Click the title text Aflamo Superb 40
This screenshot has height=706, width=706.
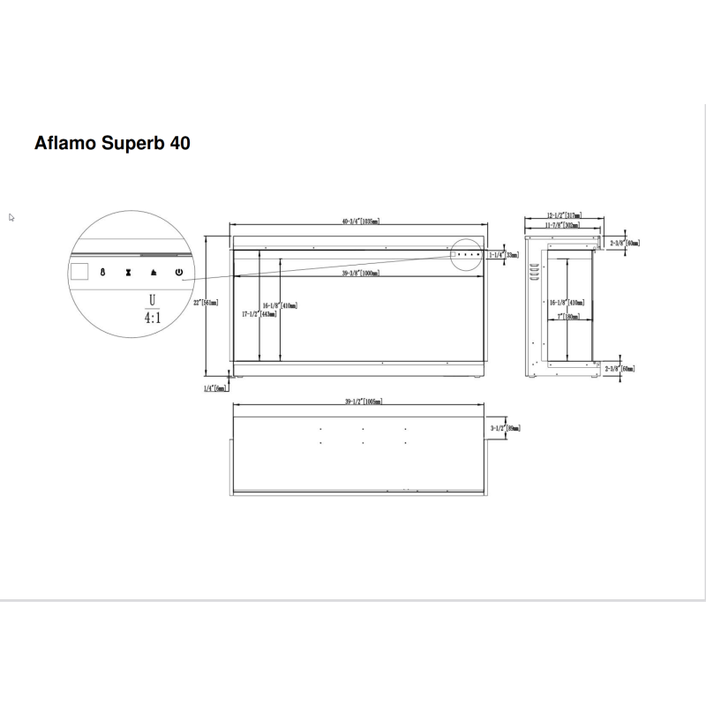tap(112, 142)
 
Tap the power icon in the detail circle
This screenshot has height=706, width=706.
tap(180, 273)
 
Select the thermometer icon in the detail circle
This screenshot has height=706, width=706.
tap(102, 273)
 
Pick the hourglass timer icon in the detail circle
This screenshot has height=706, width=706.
tap(129, 273)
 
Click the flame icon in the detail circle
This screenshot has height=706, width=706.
tap(154, 273)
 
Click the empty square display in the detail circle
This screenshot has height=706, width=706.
tap(79, 272)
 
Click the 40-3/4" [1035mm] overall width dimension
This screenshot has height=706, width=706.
tap(361, 222)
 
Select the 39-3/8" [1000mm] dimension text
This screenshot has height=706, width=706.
tap(361, 274)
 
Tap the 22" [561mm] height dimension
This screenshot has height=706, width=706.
tap(209, 302)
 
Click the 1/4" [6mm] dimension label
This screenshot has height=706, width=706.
tap(215, 387)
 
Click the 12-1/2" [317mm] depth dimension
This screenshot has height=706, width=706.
tap(563, 215)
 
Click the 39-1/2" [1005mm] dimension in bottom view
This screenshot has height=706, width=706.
tap(362, 402)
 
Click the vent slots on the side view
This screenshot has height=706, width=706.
tap(533, 270)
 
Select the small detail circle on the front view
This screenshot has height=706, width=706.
tap(465, 254)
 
